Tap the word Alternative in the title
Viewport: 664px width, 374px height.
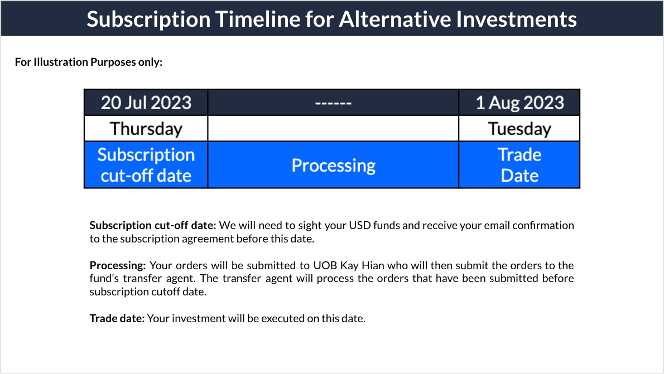click(395, 19)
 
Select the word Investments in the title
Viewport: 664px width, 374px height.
click(517, 19)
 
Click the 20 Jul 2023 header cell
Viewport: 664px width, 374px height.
click(146, 103)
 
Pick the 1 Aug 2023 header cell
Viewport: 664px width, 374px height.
click(519, 103)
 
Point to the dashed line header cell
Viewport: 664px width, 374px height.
click(333, 103)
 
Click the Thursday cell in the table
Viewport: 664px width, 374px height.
click(146, 129)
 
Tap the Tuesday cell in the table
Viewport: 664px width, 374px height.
click(519, 129)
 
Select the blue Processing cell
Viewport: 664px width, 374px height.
click(333, 165)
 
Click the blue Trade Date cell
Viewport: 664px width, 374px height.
click(519, 165)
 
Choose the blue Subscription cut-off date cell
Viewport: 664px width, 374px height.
click(146, 165)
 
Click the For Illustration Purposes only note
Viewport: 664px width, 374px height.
click(89, 62)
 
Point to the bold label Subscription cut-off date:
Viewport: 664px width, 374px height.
click(153, 226)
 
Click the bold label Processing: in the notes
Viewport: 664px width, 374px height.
click(118, 266)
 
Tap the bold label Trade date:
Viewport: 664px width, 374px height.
click(117, 318)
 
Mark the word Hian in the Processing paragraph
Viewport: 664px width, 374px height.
click(373, 266)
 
